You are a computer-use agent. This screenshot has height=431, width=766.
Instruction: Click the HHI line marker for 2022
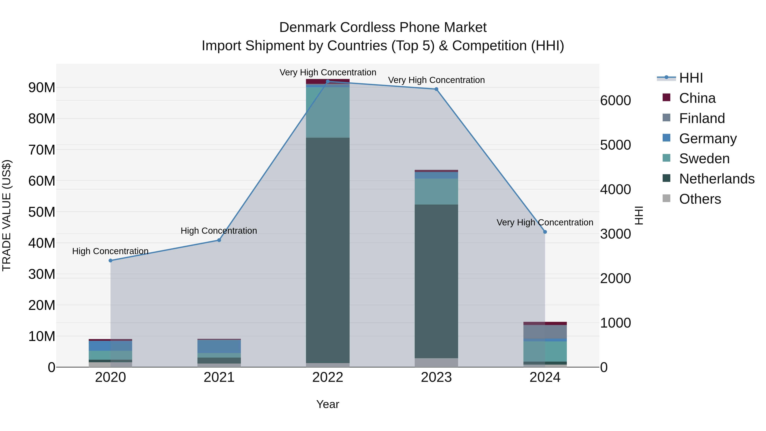[328, 82]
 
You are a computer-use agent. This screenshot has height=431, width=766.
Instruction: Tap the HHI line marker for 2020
[111, 261]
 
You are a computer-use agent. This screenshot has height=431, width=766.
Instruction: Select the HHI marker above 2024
[545, 232]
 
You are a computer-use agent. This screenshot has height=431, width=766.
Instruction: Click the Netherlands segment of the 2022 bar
[328, 250]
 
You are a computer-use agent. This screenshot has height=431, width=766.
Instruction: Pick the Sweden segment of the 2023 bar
[436, 192]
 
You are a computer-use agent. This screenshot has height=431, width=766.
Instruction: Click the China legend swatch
[666, 97]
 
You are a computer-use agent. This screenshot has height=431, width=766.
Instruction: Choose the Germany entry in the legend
[708, 139]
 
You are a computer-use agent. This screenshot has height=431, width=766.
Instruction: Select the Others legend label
[700, 199]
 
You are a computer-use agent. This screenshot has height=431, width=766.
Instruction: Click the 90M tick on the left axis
[42, 88]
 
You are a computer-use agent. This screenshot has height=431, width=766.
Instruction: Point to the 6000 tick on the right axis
[615, 100]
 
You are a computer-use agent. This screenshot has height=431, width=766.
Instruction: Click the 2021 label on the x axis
[219, 377]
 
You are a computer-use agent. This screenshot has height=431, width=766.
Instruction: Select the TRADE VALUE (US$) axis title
[7, 215]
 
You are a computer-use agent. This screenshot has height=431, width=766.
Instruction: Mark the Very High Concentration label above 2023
[436, 80]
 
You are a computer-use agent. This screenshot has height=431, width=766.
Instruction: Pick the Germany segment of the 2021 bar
[219, 346]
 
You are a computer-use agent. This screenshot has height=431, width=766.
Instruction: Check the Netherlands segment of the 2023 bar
[436, 281]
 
